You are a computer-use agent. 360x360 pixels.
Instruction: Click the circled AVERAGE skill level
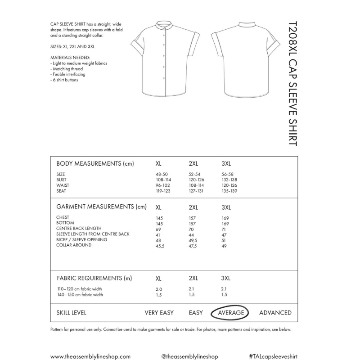231,313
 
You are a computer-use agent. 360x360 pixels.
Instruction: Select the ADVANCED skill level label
275,313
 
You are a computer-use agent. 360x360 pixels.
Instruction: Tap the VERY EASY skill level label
160,313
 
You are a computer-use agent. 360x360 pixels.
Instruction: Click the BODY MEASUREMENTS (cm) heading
95,163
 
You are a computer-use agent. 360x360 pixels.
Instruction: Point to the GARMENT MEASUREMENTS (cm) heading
101,207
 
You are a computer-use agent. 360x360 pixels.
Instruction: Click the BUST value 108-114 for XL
163,180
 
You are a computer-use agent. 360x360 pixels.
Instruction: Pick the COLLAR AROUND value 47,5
193,245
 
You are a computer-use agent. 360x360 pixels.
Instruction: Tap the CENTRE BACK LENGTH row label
79,229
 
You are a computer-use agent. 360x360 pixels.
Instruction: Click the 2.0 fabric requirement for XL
158,289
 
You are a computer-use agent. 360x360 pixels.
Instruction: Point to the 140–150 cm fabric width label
80,295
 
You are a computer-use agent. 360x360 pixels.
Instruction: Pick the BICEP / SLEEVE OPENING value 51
224,240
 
